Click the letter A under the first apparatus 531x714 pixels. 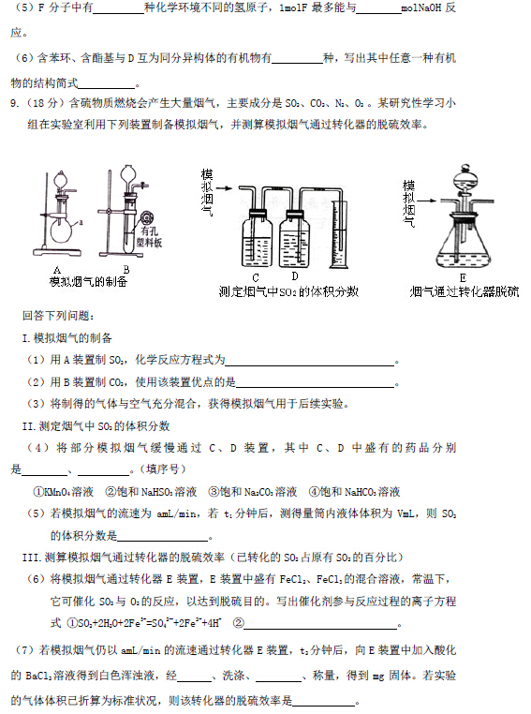(x=56, y=271)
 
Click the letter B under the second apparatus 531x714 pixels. (x=126, y=270)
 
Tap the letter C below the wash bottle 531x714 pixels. (x=256, y=277)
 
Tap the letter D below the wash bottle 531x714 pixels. (x=295, y=275)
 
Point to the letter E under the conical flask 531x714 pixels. (x=463, y=277)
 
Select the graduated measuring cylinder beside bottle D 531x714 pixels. (x=338, y=234)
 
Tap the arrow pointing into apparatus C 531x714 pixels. (x=224, y=188)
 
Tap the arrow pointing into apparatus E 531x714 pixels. (x=426, y=201)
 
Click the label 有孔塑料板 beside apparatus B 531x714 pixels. (x=149, y=237)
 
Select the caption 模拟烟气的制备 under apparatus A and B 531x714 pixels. (x=88, y=282)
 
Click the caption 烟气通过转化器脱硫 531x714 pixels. (x=465, y=291)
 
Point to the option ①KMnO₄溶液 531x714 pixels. (x=63, y=492)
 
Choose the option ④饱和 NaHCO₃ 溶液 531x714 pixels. (x=354, y=492)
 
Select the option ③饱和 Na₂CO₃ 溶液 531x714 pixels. (x=252, y=492)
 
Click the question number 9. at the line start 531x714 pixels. (x=15, y=103)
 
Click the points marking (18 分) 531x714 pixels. (x=44, y=103)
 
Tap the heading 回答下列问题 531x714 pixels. (x=58, y=316)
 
